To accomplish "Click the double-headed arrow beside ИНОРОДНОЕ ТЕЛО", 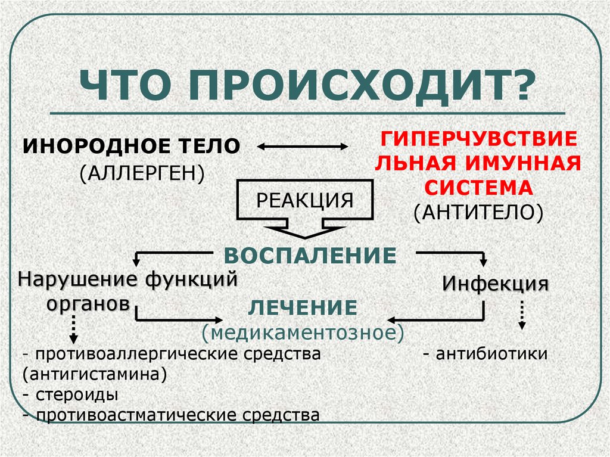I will [302, 147].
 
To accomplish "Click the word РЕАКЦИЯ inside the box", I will [304, 200].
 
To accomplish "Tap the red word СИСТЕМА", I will [478, 188].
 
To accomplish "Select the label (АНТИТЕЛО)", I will [478, 212].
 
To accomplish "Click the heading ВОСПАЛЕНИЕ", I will [310, 256].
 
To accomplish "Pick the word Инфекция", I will [495, 283].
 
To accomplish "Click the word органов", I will [88, 303].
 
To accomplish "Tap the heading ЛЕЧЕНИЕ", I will [303, 307].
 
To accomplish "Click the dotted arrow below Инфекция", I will [521, 315].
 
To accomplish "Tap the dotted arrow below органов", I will [73, 328].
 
